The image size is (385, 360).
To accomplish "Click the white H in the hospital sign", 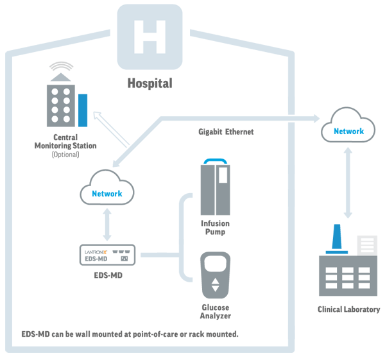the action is click(150, 37).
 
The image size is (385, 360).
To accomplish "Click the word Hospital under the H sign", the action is click(150, 83).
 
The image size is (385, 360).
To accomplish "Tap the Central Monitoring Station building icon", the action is click(67, 100).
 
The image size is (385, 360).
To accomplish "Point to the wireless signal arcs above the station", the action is click(62, 66).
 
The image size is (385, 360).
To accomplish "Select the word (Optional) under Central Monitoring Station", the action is click(65, 155).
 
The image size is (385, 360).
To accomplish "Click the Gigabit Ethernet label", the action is click(226, 132).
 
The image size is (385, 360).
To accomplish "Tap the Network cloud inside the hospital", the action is click(107, 187).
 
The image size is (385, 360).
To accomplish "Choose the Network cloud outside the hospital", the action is click(348, 124).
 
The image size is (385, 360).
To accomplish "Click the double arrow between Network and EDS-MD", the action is click(107, 225).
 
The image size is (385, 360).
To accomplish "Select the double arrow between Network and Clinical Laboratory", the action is click(348, 183).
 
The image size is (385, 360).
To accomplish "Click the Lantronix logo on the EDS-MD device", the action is click(96, 252).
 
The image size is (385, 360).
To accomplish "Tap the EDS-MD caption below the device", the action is click(108, 275).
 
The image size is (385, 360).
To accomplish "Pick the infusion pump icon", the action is click(216, 187).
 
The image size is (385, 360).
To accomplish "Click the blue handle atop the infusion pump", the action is click(216, 161).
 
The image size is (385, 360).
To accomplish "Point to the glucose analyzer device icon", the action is click(216, 275).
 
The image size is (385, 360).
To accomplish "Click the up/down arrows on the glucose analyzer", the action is click(216, 285).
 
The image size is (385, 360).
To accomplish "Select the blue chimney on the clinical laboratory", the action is click(337, 239).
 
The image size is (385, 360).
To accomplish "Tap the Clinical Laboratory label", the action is click(348, 309).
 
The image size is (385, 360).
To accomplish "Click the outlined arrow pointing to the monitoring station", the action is click(111, 129).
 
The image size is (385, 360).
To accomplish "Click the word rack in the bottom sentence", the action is click(197, 334).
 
